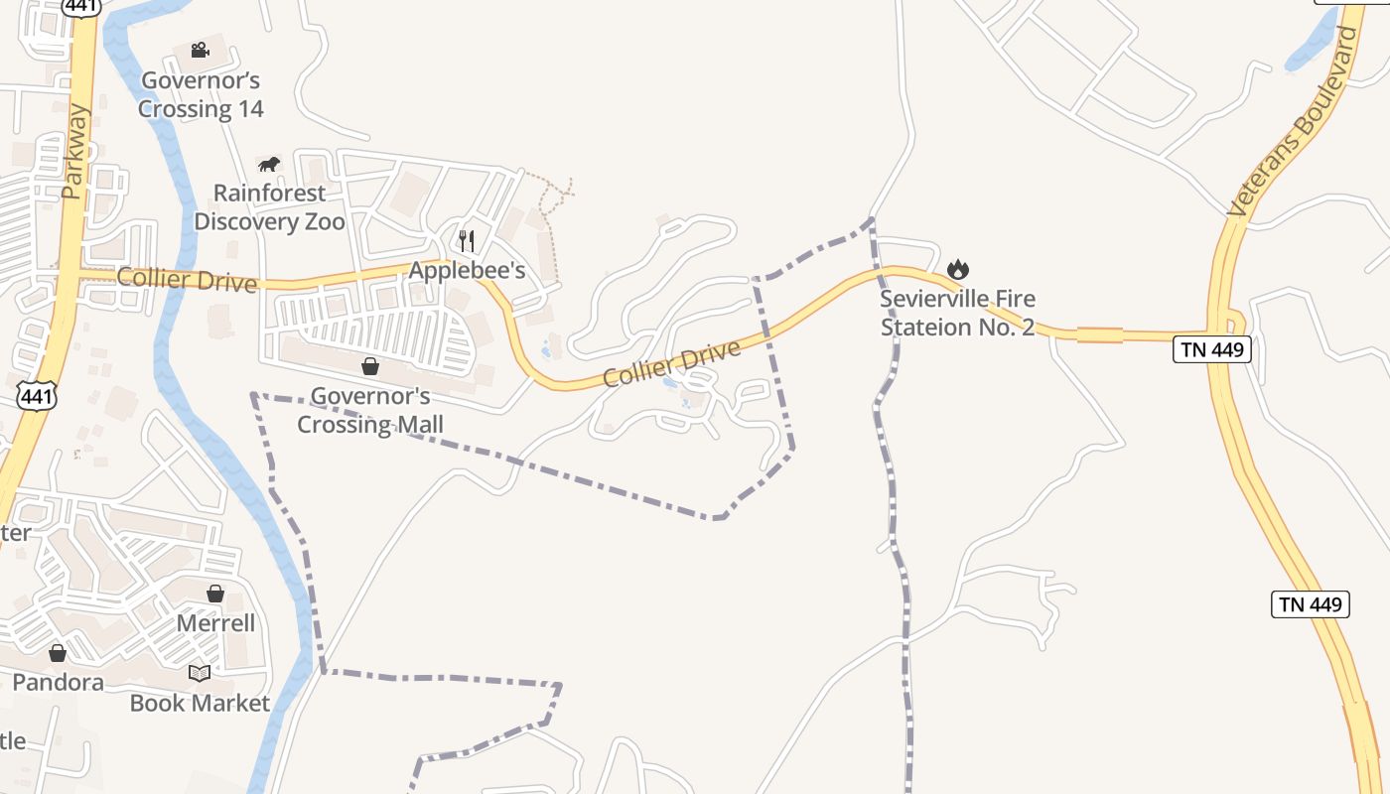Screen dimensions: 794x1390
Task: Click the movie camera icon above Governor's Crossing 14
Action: click(x=200, y=50)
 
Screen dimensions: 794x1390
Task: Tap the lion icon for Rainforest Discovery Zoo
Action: click(x=268, y=164)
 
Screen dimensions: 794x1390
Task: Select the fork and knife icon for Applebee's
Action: click(x=467, y=240)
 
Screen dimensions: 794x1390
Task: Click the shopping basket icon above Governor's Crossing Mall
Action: click(x=370, y=366)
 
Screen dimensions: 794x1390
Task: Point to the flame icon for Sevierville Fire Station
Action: click(x=957, y=268)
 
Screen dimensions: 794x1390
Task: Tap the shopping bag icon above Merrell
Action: click(x=215, y=594)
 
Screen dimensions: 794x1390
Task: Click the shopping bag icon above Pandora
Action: click(x=58, y=652)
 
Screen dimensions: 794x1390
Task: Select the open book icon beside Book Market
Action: click(x=200, y=673)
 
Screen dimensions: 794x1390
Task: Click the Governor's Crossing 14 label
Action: click(x=201, y=94)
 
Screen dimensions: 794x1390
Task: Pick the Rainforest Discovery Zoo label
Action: click(x=269, y=206)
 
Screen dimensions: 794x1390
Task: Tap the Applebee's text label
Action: click(x=467, y=270)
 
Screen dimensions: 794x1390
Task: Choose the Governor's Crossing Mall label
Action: click(x=370, y=410)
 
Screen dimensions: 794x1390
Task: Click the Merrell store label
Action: click(x=215, y=623)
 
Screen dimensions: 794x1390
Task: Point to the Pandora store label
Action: click(x=58, y=682)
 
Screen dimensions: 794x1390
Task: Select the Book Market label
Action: click(x=200, y=703)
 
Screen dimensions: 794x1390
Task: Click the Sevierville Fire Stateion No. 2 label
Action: click(x=958, y=313)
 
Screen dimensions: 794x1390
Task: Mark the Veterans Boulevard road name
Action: click(x=1293, y=122)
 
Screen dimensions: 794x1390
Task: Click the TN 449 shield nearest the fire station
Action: click(x=1210, y=349)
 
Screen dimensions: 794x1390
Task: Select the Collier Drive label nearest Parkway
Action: click(x=187, y=279)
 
